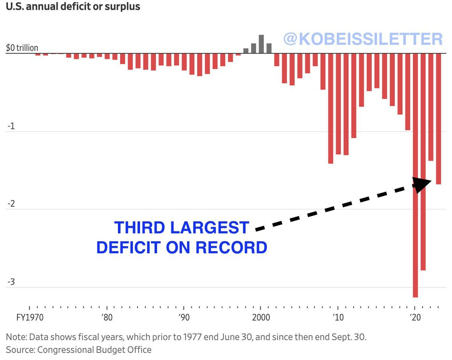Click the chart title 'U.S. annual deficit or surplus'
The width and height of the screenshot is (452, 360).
pos(73,7)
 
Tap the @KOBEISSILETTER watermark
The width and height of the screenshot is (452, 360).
pos(363,39)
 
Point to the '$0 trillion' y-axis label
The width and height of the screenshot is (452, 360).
pos(22,48)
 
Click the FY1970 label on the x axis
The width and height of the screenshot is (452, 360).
pos(30,318)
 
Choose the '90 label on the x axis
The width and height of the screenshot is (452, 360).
pos(183,318)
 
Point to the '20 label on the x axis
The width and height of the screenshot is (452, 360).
pos(415,318)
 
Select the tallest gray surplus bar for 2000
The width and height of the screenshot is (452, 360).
pos(261,44)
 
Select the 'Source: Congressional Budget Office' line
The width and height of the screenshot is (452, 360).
pos(79,349)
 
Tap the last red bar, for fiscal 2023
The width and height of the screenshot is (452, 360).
pos(438,119)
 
